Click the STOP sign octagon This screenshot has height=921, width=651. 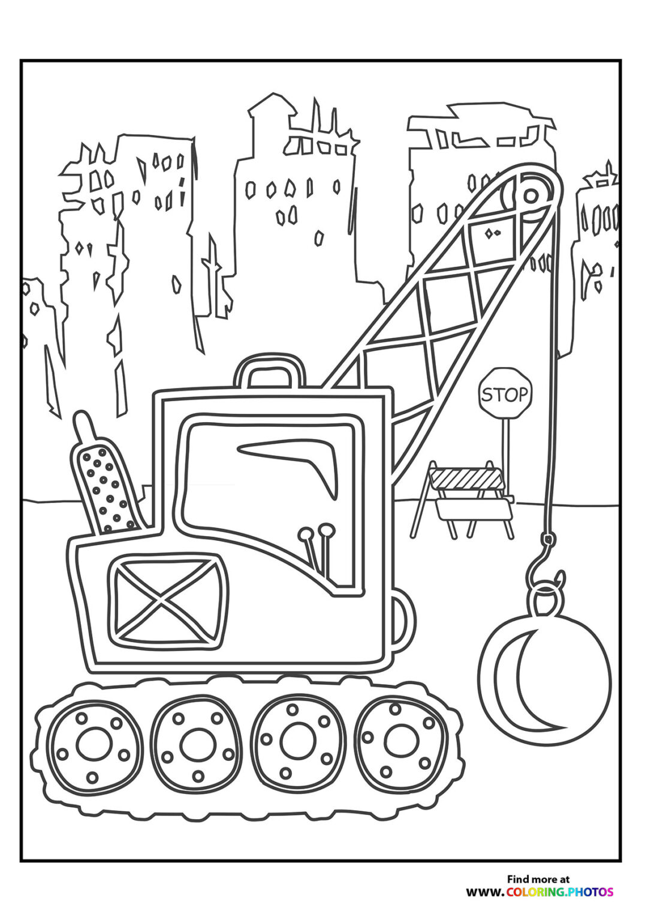pos(505,393)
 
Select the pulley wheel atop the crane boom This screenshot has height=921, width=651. pos(530,195)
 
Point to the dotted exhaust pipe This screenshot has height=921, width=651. pos(106,486)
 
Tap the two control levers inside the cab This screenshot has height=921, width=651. pos(318,549)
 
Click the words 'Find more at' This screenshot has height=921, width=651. pos(538,879)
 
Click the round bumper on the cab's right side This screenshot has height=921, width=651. pos(403,621)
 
